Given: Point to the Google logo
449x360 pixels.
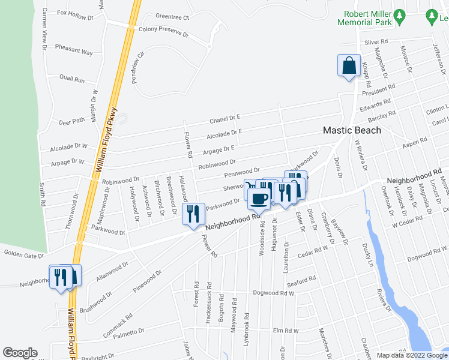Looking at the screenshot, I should [x=20, y=353].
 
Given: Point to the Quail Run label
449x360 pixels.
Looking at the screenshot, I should [x=72, y=79].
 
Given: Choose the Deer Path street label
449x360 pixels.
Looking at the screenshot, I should [x=72, y=121].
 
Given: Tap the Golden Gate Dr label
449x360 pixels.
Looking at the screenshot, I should [x=24, y=256].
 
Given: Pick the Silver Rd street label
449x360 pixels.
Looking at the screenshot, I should [x=376, y=43].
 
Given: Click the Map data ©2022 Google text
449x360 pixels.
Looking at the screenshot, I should [x=412, y=355].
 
